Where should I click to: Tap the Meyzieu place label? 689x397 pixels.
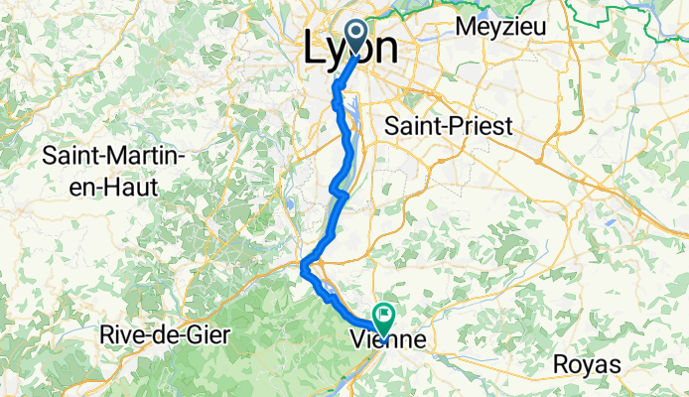tap(498, 26)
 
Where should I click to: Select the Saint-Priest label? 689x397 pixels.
tap(448, 127)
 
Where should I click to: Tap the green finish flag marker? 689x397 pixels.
tap(382, 316)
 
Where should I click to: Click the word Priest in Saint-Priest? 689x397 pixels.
tap(481, 127)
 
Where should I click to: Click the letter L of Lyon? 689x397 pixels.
tap(313, 47)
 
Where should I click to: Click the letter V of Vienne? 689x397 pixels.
tap(360, 340)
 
